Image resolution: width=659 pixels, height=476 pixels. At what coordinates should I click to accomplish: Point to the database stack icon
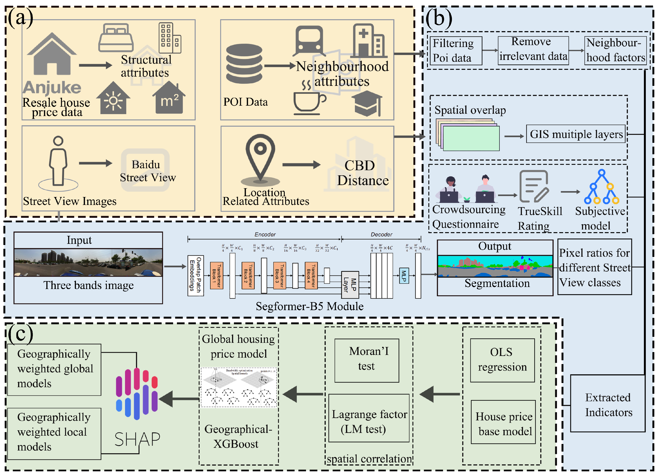244,64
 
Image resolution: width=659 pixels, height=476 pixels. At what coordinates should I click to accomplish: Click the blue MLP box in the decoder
404,275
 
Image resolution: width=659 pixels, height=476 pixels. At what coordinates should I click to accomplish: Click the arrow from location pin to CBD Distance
301,165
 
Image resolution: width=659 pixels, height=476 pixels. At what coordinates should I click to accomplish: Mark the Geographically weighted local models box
54,433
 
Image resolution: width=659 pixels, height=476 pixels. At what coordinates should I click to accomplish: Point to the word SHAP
137,439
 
